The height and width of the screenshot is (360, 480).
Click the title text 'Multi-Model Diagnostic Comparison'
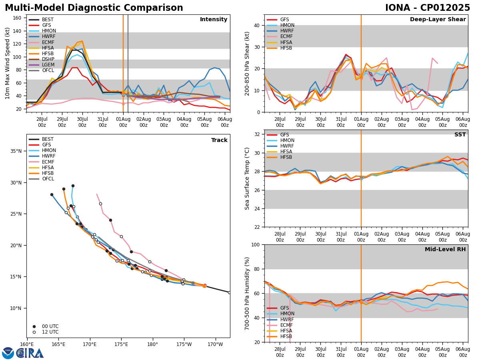point(94,8)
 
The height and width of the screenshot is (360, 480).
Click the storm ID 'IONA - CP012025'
point(428,8)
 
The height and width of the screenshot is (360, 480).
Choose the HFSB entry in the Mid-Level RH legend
point(286,336)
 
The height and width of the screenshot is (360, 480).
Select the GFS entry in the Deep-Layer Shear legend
point(284,20)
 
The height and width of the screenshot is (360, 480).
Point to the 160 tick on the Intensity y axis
point(18,18)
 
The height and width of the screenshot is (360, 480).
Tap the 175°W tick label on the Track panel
point(184,344)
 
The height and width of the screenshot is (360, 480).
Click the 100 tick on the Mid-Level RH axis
point(256,245)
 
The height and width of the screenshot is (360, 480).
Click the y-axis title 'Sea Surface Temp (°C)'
point(248,178)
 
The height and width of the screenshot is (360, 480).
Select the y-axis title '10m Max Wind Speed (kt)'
point(8,63)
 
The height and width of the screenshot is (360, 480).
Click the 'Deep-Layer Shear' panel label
point(438,20)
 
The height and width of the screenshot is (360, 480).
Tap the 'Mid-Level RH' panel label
point(444,250)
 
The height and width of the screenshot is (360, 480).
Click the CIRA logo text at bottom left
point(30,353)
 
